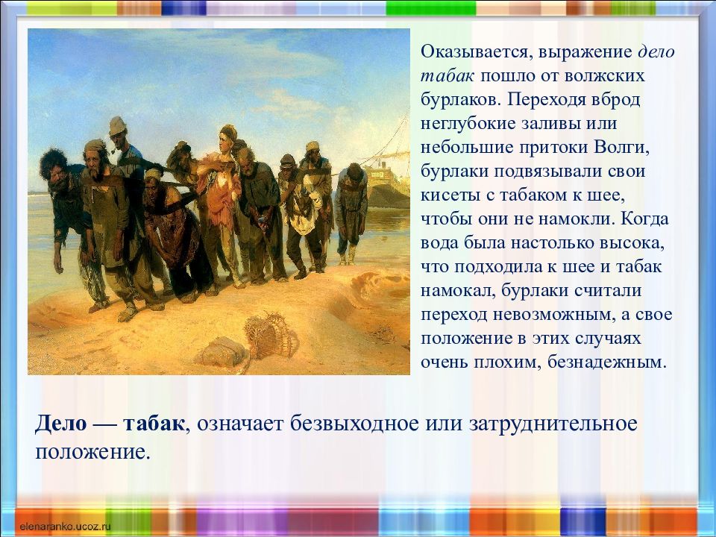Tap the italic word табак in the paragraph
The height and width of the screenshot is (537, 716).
447,76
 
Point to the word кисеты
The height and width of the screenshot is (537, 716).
450,195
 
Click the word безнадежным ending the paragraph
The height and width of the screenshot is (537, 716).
607,362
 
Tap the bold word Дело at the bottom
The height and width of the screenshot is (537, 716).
60,424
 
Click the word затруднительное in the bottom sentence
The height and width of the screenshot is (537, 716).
553,424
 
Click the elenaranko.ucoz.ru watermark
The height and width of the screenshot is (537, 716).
63,527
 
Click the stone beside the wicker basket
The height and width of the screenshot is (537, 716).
223,351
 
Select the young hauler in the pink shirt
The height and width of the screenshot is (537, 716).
221,201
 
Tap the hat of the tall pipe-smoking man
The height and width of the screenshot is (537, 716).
117,125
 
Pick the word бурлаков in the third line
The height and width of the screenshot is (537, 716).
460,100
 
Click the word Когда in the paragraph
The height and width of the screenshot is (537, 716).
645,219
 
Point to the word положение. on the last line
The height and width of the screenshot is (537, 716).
92,452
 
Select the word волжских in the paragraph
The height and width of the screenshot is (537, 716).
605,76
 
